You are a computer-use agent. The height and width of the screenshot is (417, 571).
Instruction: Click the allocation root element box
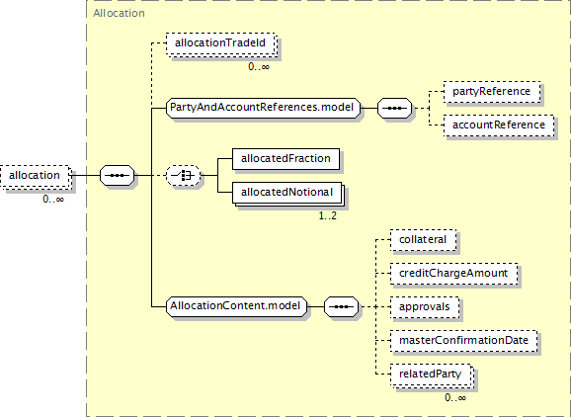35,176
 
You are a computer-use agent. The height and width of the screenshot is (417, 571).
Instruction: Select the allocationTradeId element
220,43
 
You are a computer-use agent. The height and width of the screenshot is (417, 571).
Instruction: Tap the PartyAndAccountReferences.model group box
263,108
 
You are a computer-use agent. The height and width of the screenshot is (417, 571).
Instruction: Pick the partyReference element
492,92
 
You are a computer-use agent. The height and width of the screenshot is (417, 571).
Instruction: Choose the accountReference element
499,125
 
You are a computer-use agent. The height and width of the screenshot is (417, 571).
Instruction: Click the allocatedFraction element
285,159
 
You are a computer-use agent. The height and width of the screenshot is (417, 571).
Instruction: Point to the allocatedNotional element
287,193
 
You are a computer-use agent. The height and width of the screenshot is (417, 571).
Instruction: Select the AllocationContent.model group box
236,306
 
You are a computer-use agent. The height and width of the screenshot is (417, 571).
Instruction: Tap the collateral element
423,240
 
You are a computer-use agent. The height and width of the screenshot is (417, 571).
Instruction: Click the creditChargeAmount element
453,274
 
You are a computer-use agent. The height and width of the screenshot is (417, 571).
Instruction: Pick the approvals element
425,307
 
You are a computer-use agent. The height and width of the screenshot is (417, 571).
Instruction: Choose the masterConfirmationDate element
464,341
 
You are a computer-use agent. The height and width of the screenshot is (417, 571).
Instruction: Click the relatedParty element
432,375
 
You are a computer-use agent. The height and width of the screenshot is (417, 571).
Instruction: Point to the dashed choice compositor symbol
183,176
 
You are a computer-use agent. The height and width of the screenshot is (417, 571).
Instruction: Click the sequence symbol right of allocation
118,176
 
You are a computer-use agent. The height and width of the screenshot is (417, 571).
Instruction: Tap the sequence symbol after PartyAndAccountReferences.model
395,108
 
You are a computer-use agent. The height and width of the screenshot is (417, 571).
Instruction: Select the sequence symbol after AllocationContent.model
341,306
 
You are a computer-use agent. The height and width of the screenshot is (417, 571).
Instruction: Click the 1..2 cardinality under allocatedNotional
328,216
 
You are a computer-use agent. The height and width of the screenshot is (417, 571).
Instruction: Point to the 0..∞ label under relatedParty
455,397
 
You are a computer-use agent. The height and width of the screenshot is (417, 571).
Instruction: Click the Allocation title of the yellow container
120,13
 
